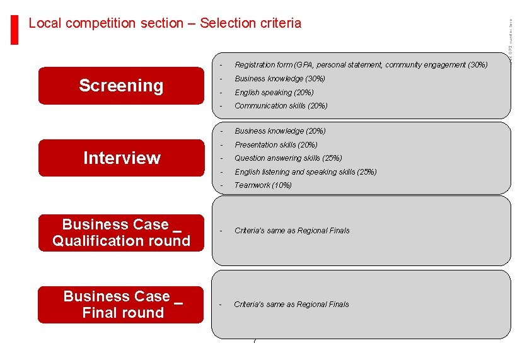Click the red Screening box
[x=121, y=86]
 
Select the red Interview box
[x=121, y=158]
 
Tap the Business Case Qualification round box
[x=121, y=233]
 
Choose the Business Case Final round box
[x=121, y=305]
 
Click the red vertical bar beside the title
[x=14, y=29]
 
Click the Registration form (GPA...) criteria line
[x=361, y=65]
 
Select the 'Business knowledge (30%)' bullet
[x=280, y=79]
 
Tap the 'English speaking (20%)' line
[x=274, y=93]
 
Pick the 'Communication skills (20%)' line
[x=281, y=106]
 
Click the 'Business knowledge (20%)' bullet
[x=280, y=131]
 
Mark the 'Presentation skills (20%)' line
[x=276, y=145]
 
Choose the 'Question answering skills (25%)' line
[x=288, y=158]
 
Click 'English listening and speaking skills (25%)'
[x=305, y=172]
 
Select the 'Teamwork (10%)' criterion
[x=263, y=185]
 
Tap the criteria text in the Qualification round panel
[x=292, y=231]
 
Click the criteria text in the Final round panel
[x=291, y=305]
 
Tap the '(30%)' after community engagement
[x=478, y=65]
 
